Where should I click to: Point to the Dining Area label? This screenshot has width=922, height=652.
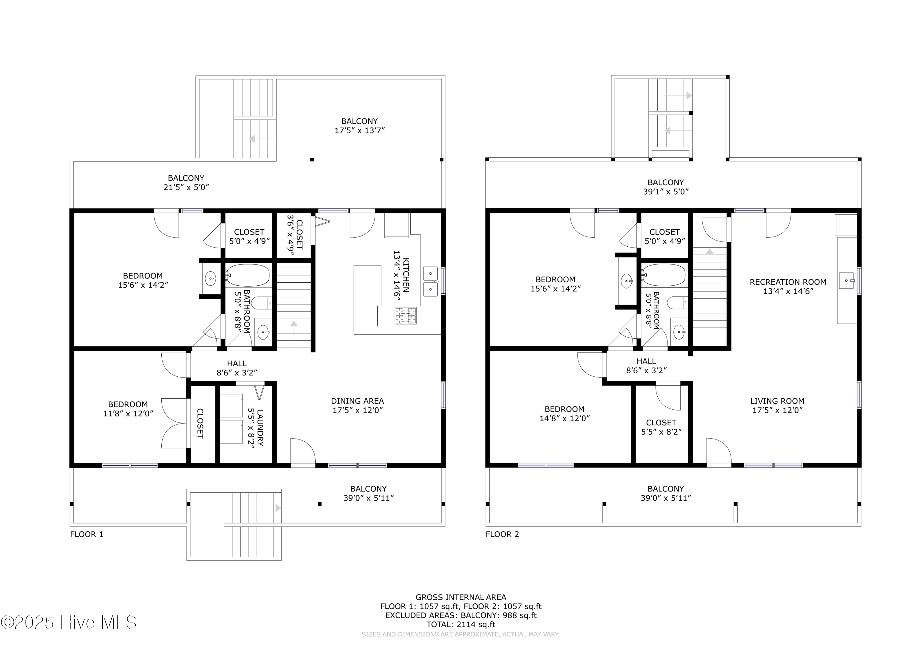[x=357, y=405]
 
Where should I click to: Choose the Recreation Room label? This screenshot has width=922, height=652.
[x=788, y=286]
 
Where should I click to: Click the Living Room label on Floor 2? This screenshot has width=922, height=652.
[x=777, y=405]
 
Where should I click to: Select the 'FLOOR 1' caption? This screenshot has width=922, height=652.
[x=87, y=534]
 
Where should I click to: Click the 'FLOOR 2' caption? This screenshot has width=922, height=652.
[x=502, y=534]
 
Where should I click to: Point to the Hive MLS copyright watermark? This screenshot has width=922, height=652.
[x=68, y=622]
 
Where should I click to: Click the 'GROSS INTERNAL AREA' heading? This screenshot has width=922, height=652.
[x=461, y=597]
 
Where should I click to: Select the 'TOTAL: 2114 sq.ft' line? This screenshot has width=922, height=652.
[x=461, y=625]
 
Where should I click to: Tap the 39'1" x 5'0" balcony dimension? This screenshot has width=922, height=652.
[x=666, y=192]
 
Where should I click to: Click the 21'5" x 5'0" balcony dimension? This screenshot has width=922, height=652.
[x=186, y=187]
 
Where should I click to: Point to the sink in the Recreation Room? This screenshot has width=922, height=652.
[x=846, y=280]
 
